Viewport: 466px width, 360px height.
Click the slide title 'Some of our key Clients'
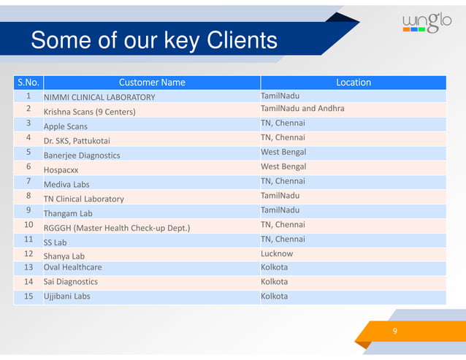pos(154,40)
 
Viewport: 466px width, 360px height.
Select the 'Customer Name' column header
pos(152,83)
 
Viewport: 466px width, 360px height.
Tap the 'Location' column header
pos(353,83)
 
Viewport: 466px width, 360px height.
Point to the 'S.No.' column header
pos(28,83)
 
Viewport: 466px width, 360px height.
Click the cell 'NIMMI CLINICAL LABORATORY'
pos(99,97)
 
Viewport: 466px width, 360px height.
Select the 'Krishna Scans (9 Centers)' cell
pos(89,112)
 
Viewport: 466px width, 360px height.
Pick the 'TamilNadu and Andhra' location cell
pos(302,109)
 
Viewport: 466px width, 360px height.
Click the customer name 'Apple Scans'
pos(66,126)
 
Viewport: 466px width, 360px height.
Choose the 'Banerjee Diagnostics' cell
pos(82,155)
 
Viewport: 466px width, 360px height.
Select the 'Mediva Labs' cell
pos(66,184)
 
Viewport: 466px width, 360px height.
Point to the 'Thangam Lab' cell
pos(68,213)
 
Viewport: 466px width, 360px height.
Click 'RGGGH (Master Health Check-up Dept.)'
pos(117,228)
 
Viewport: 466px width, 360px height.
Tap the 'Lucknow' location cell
pos(277,253)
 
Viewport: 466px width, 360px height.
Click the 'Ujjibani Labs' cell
pos(67,296)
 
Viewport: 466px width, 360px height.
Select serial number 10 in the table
pos(28,225)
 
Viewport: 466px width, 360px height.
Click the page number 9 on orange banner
pos(394,332)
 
